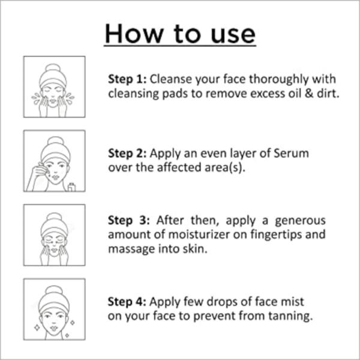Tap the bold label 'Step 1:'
click(127, 80)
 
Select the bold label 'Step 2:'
click(127, 154)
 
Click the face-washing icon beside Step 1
click(54, 86)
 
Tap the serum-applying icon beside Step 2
click(54, 161)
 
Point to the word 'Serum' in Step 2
click(293, 154)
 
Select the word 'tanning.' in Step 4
click(293, 316)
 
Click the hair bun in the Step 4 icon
click(54, 290)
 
